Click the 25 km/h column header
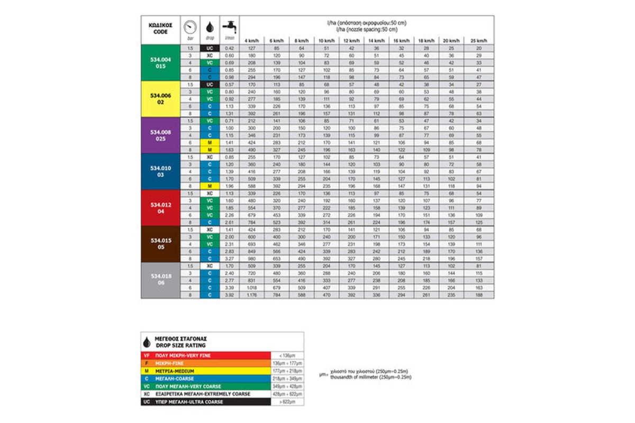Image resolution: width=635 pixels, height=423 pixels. pyautogui.click(x=478, y=41)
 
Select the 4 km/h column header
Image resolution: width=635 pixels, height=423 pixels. pyautogui.click(x=251, y=41)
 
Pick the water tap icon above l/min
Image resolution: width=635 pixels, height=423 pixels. pyautogui.click(x=230, y=27)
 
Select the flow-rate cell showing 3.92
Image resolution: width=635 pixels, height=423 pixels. pyautogui.click(x=230, y=295)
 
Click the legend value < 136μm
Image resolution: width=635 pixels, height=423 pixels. pyautogui.click(x=287, y=355)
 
